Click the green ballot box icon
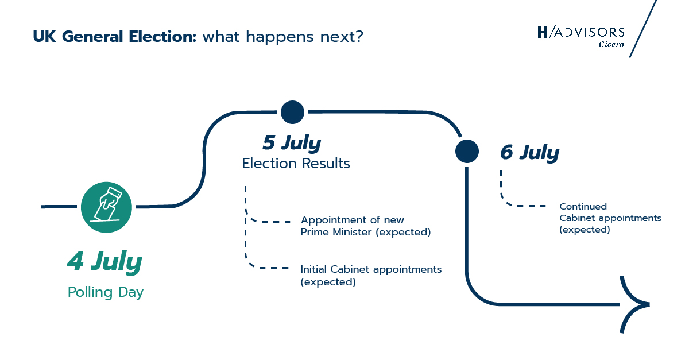click(x=106, y=207)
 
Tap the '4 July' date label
click(x=104, y=262)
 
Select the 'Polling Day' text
click(x=106, y=292)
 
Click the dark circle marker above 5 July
click(x=292, y=111)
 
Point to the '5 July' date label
click(x=292, y=142)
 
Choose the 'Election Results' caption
click(x=296, y=164)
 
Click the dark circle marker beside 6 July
click(x=467, y=151)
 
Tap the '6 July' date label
click(x=529, y=153)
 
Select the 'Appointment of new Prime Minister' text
click(x=365, y=226)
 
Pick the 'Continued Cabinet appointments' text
click(x=610, y=218)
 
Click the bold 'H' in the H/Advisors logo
click(x=543, y=32)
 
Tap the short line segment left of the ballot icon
click(x=60, y=206)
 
